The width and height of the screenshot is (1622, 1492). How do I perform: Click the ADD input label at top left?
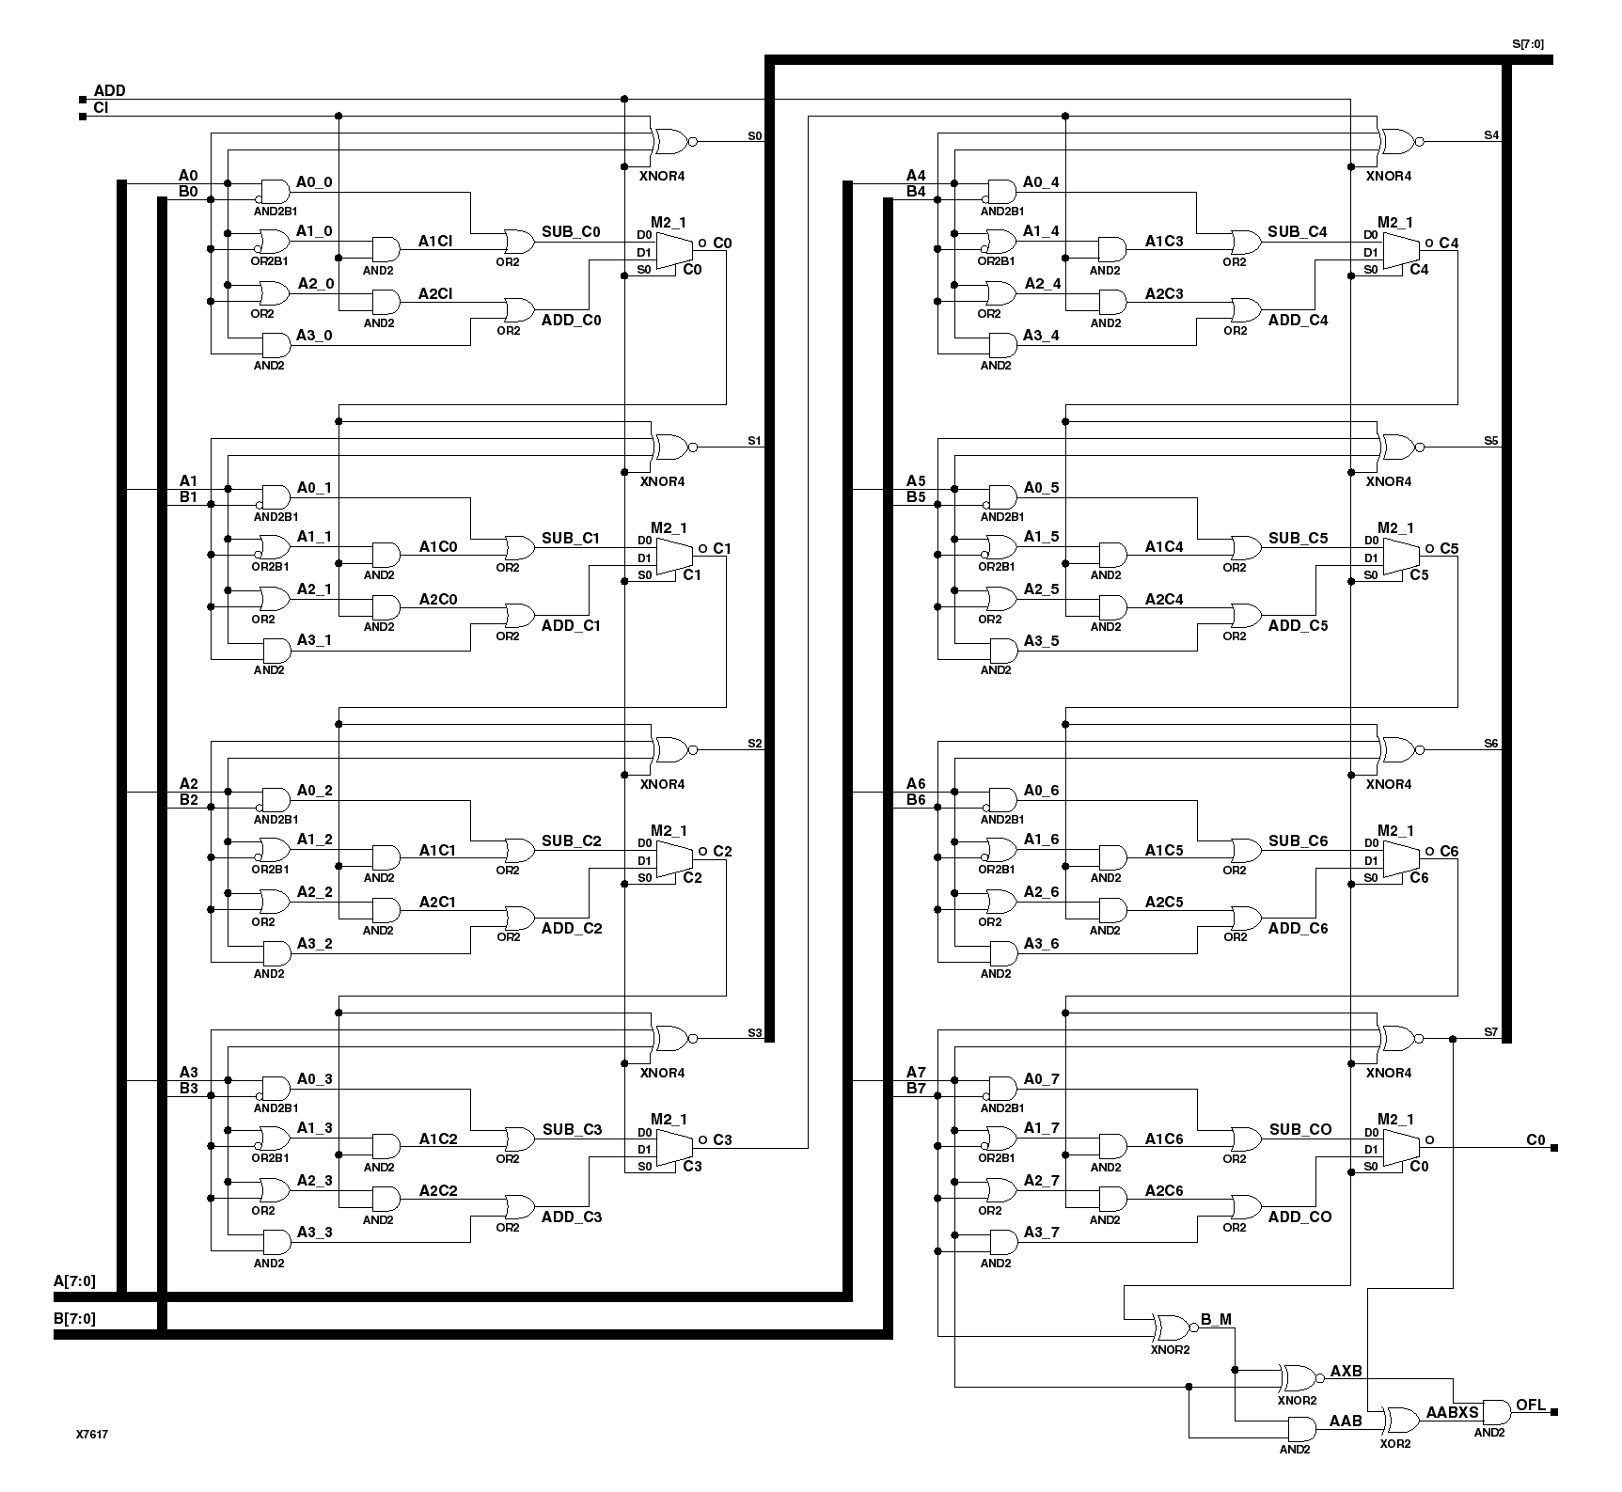[109, 91]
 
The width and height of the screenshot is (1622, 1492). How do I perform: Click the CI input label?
[102, 108]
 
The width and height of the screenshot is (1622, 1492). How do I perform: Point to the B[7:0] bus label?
[74, 1318]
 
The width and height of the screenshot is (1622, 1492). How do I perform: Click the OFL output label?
[1530, 1406]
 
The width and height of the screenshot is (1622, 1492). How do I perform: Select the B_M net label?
[1216, 1319]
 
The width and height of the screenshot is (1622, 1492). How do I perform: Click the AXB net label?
[1346, 1371]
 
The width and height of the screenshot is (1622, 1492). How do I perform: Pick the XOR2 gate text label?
[1394, 1443]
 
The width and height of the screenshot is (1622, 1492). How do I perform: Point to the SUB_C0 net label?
[571, 232]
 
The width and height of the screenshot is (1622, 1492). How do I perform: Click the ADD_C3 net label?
[571, 1217]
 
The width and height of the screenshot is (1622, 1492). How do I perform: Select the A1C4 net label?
[1164, 546]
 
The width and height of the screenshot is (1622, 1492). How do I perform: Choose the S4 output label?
[1490, 135]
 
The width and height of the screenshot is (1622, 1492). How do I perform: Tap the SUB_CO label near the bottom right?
[1299, 1129]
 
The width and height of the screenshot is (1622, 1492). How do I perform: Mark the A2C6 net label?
[1164, 1190]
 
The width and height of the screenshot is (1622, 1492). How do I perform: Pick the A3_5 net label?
[1041, 641]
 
